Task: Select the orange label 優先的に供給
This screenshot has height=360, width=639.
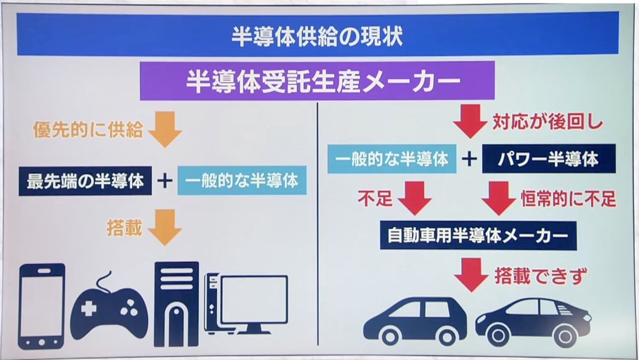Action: (x=88, y=130)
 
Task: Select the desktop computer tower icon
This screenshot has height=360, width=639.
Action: (x=176, y=304)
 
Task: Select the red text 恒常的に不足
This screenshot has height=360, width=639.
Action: (x=568, y=199)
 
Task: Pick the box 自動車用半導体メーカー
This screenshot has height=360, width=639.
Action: (x=478, y=235)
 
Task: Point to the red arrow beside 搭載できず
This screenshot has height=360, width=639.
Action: (x=471, y=276)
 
